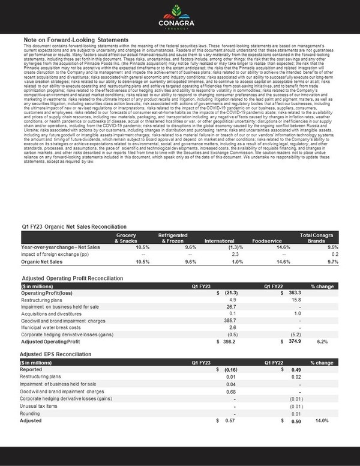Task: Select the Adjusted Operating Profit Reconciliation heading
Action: pos(77,279)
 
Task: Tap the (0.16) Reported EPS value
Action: pos(230,370)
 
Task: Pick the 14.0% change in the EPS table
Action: pos(323,420)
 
